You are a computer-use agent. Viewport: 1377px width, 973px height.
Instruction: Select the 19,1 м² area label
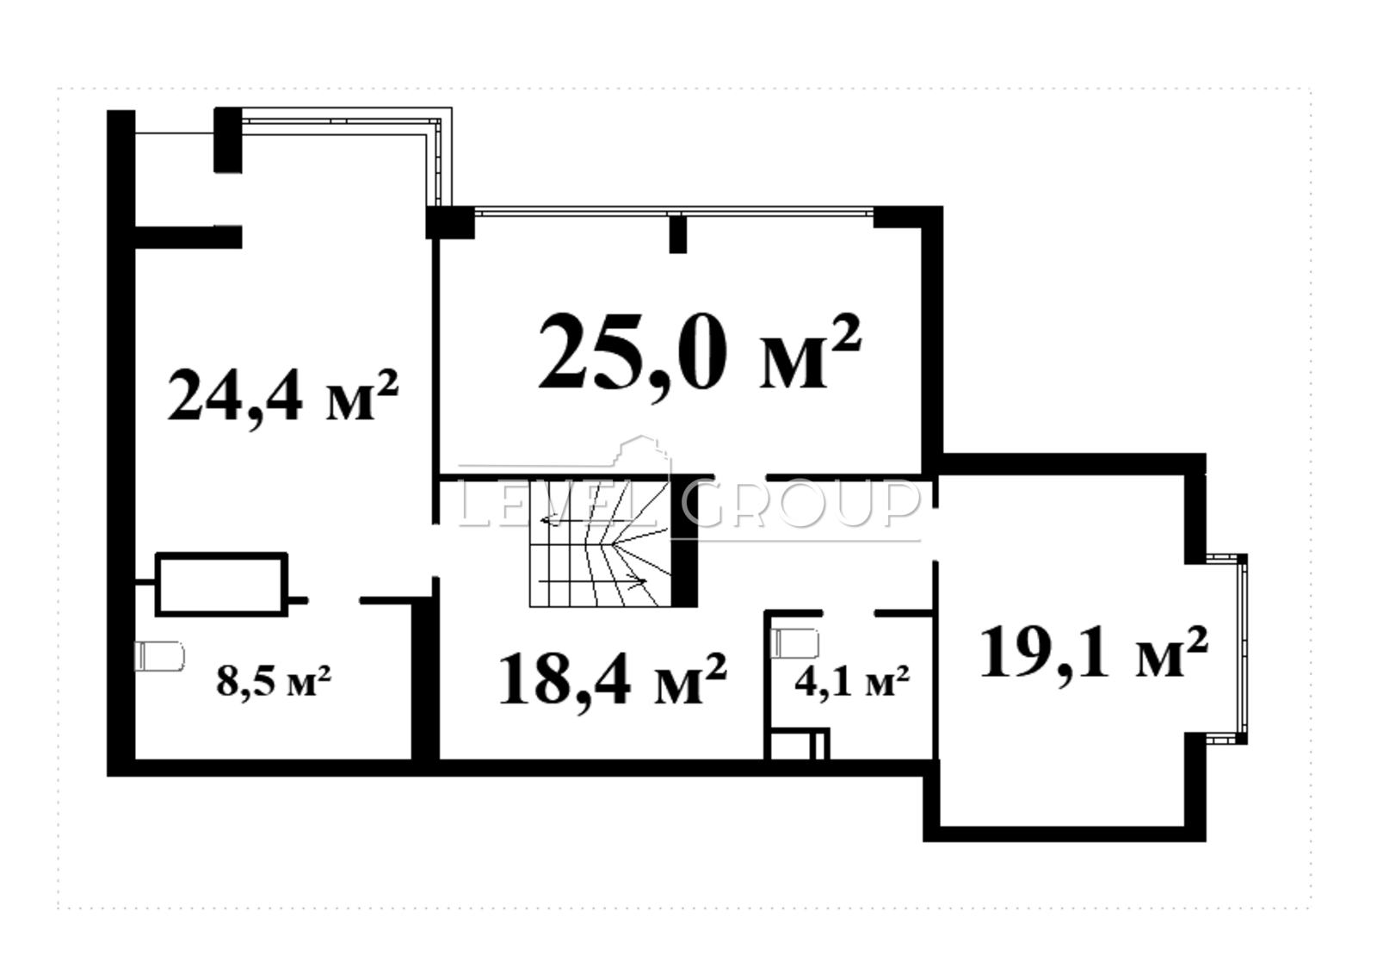click(1094, 654)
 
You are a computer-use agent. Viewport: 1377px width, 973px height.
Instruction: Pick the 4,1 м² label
click(852, 680)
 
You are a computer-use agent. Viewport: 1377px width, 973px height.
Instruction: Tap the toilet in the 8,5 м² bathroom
click(160, 655)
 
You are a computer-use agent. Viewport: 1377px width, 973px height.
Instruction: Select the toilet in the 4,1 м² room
click(795, 643)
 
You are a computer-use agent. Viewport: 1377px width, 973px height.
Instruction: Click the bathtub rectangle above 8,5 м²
click(221, 585)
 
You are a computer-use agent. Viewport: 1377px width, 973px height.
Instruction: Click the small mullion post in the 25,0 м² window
click(677, 233)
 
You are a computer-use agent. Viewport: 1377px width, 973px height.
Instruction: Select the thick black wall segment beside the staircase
click(684, 542)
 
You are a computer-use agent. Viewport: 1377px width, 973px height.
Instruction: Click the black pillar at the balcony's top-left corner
click(227, 139)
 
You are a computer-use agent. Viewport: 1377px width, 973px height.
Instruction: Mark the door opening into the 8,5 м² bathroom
click(333, 599)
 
